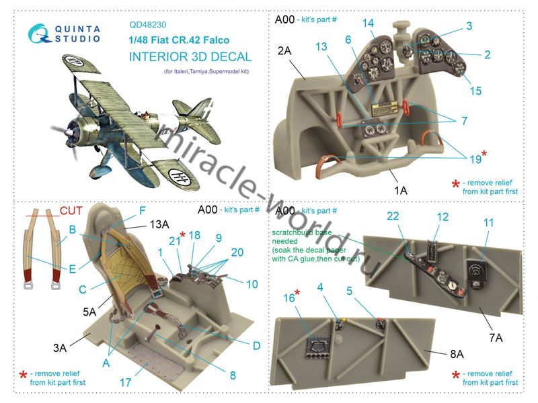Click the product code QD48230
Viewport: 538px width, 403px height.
coord(147,25)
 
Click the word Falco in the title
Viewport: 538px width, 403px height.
coord(216,40)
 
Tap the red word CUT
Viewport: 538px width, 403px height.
coord(71,210)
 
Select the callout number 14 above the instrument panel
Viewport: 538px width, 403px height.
coord(368,23)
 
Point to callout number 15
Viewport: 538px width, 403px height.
coord(475,91)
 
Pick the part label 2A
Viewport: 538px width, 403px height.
coord(284,51)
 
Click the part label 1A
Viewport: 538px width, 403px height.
coord(400,190)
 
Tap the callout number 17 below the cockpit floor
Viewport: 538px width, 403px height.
coord(125,382)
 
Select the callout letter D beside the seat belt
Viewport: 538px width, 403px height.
coord(256,346)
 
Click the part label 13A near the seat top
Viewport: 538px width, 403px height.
coord(159,224)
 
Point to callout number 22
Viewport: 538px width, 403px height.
coord(393,216)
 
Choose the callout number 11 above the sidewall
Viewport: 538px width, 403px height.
coord(488,223)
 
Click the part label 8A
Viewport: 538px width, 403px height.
coord(457,354)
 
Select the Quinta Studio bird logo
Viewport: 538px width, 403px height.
coord(38,34)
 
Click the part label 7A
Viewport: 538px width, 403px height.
coord(496,338)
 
